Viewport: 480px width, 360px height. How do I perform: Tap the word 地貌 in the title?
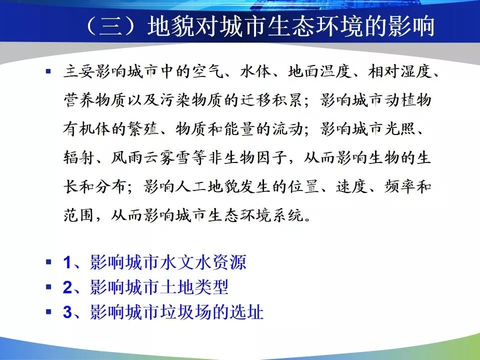pos(170,25)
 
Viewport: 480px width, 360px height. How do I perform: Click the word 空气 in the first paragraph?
pos(208,72)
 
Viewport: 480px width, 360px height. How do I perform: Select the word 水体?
pos(256,72)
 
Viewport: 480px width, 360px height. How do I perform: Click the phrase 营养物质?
pos(94,100)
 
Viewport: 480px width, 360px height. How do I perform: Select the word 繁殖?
pos(144,129)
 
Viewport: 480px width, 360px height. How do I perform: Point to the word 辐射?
pos(78,157)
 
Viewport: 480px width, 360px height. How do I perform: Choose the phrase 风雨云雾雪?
pos(150,157)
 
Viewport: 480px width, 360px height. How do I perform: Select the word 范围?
pos(78,215)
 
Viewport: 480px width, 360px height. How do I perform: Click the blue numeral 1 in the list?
pos(67,262)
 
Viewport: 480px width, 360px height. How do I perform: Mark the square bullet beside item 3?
pos(48,311)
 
